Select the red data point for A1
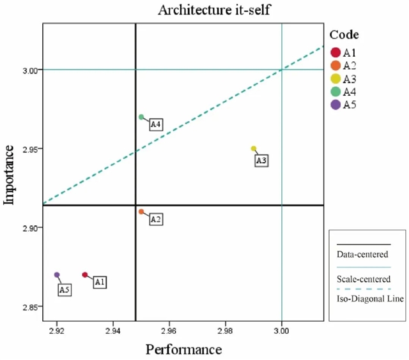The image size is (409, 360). [x=84, y=275]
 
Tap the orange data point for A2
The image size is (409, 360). [x=141, y=212]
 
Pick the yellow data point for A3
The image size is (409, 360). [x=254, y=149]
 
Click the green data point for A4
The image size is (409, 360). [x=141, y=117]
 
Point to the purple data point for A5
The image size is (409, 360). [x=57, y=275]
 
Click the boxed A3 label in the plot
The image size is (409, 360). [x=261, y=161]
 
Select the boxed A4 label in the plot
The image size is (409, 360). [x=156, y=124]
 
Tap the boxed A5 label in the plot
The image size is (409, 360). [x=65, y=290]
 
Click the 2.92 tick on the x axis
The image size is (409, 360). [x=57, y=330]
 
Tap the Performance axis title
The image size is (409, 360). [x=183, y=349]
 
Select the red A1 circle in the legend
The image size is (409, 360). [x=336, y=52]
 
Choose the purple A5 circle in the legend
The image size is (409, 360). [x=336, y=105]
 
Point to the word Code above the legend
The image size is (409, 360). [x=344, y=34]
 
